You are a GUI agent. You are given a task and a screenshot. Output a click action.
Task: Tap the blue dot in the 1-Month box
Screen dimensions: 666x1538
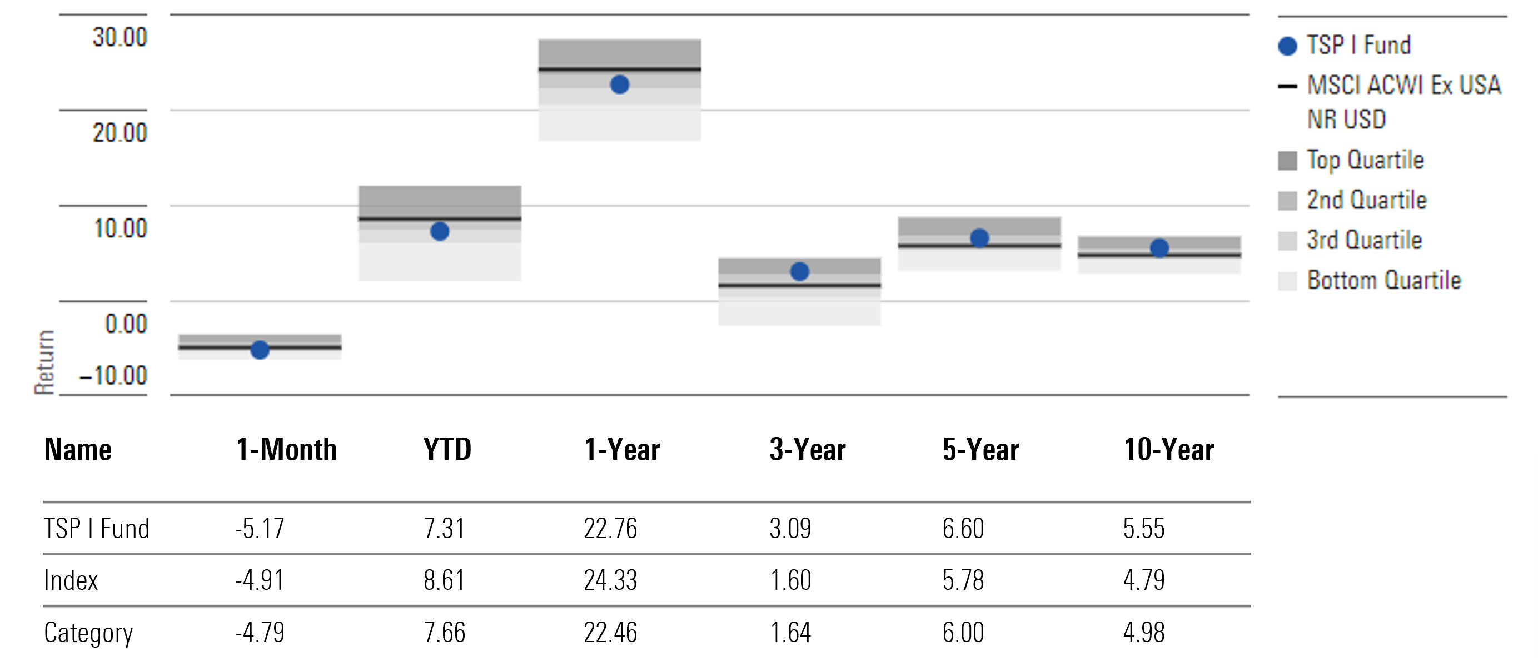(260, 350)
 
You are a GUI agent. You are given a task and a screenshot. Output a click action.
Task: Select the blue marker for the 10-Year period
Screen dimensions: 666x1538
(1159, 248)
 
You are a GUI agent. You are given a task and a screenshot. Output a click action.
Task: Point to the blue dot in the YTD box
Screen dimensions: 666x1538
(440, 232)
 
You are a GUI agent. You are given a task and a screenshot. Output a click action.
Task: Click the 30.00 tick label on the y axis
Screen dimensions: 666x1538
(120, 38)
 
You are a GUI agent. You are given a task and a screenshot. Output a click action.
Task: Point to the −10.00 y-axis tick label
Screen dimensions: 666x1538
(113, 376)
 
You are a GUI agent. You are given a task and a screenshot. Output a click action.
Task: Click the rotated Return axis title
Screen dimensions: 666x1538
(44, 362)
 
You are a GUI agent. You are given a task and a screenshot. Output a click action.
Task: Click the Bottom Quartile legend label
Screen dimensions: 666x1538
(1383, 280)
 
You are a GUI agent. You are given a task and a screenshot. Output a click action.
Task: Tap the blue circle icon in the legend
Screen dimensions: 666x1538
(1288, 46)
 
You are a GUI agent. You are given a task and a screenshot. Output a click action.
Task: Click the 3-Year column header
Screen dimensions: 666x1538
(807, 450)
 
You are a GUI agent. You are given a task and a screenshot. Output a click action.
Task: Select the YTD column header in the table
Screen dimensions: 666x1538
(447, 450)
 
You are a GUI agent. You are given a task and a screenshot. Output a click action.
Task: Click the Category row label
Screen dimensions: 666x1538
(88, 633)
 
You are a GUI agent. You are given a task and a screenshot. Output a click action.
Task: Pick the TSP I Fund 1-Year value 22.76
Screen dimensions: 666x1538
(610, 529)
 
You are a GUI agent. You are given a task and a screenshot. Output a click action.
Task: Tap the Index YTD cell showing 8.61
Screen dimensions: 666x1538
(444, 580)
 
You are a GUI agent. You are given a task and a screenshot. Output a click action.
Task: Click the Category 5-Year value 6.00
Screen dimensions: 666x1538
(963, 633)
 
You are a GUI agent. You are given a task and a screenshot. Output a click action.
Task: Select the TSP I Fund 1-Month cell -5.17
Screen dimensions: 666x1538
(260, 529)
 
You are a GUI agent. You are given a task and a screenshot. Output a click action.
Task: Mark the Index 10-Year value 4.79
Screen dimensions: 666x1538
(1143, 580)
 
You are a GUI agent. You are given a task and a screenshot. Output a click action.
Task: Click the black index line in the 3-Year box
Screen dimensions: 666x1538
(799, 286)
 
